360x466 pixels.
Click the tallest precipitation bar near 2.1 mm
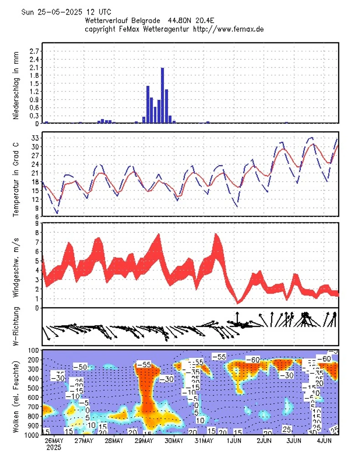162,95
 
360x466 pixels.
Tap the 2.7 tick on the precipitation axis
34,51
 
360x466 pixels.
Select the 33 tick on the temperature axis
35,138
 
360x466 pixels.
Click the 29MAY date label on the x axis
144,441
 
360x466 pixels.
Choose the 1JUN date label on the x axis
234,441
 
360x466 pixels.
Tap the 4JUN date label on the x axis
324,441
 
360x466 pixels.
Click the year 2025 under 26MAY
54,448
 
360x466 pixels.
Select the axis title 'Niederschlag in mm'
16,87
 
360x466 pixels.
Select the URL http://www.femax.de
229,29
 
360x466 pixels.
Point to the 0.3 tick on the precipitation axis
34,115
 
